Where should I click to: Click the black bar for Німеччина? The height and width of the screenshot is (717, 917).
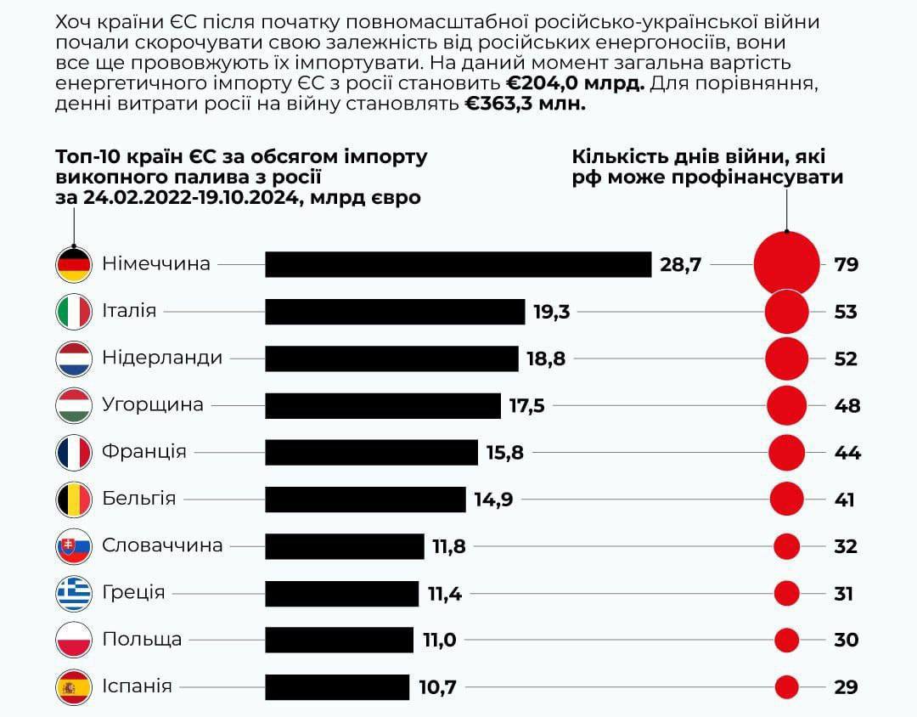(x=458, y=264)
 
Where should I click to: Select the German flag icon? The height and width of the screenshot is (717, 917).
(x=74, y=264)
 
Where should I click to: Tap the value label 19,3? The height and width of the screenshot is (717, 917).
(x=551, y=312)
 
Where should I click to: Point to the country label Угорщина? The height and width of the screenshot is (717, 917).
(x=153, y=404)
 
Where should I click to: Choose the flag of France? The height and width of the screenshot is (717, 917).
(x=74, y=452)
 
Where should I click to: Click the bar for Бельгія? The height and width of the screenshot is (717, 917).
(x=366, y=499)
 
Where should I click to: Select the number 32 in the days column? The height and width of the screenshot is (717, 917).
(x=846, y=546)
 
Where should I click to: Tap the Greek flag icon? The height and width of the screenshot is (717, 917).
(x=74, y=593)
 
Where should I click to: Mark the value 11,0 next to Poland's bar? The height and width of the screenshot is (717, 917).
(x=439, y=640)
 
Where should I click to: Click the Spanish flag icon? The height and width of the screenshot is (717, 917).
(x=74, y=686)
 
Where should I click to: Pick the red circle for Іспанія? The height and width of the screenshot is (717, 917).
(x=787, y=686)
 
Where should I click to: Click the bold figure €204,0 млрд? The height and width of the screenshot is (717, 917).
(x=575, y=83)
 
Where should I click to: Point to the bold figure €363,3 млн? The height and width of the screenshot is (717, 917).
(x=525, y=104)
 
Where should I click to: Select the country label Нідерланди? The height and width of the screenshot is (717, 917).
(x=162, y=358)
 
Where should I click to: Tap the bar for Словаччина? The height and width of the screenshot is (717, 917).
(x=345, y=546)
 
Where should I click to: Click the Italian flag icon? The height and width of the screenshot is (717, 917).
(x=74, y=312)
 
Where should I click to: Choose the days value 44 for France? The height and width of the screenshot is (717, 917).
(x=847, y=452)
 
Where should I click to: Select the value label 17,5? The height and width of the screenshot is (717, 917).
(x=526, y=405)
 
